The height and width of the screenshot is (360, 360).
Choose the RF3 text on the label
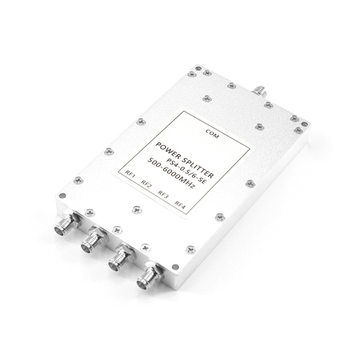(x=164, y=194)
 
